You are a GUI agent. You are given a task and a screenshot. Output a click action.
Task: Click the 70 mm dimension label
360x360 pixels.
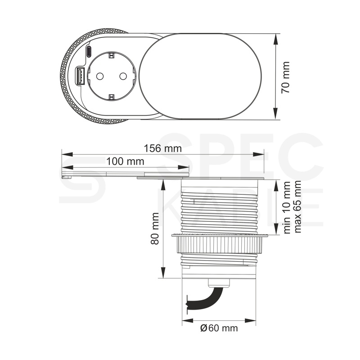tap(286, 77)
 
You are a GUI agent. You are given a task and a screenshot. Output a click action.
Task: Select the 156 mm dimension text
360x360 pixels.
tap(162, 148)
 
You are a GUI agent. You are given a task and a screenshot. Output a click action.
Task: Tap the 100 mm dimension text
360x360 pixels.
tap(126, 162)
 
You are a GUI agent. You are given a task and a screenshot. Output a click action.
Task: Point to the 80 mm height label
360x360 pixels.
tap(155, 229)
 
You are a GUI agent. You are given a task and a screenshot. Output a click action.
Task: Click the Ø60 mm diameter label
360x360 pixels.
tap(219, 328)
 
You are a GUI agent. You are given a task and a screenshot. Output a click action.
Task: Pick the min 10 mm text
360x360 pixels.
tap(287, 207)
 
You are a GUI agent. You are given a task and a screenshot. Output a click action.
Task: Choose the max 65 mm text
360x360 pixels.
tap(297, 207)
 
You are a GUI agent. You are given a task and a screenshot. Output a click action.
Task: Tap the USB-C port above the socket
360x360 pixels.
tap(89, 52)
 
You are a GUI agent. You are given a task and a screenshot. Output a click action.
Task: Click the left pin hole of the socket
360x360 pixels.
tap(100, 76)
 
